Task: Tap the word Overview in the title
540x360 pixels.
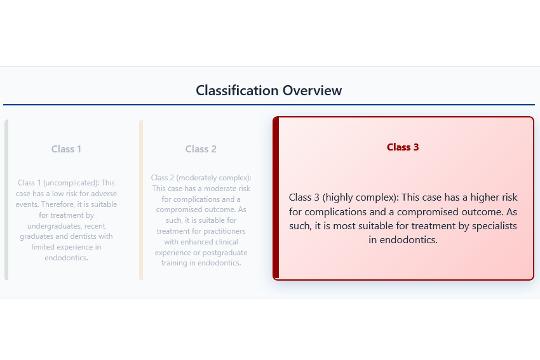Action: coord(312,90)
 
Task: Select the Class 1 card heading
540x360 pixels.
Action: coord(66,149)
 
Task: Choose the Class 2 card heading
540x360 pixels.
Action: coord(201,149)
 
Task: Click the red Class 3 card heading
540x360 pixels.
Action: coord(403,147)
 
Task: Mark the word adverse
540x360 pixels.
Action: coord(103,194)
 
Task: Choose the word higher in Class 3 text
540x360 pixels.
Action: coord(477,197)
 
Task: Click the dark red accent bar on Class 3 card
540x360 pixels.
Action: coord(276,198)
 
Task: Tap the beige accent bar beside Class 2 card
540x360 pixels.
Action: coord(141,199)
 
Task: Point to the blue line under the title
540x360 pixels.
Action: coord(269,105)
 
